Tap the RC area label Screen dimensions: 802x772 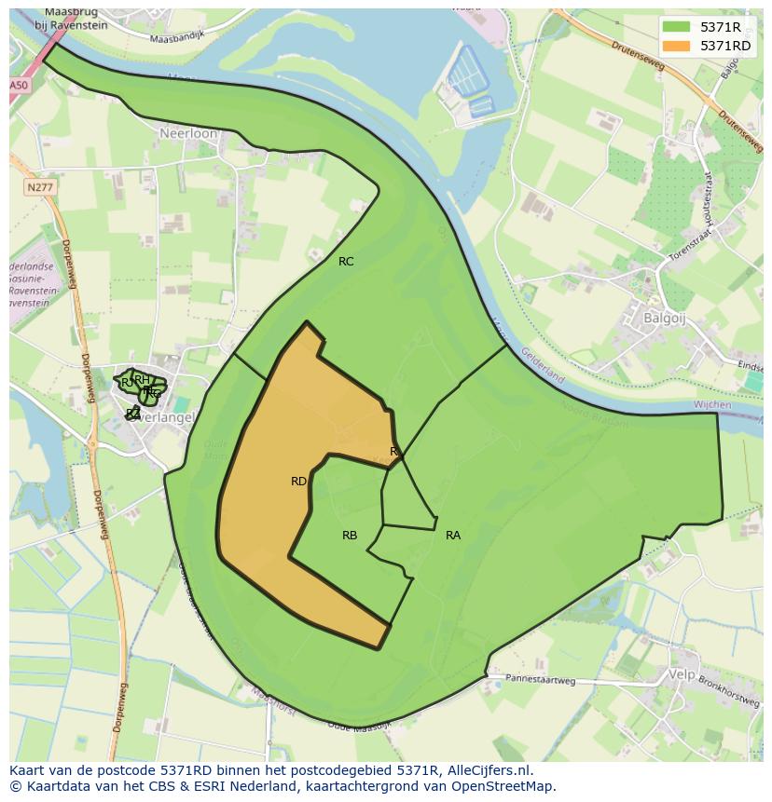346,262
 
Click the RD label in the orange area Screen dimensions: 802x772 298,482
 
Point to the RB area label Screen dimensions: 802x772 350,536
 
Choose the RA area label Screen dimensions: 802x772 453,536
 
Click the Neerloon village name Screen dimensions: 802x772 188,134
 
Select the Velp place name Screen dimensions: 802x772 682,673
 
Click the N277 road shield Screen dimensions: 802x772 39,187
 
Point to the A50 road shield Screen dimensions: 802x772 19,85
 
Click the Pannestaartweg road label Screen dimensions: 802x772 533,680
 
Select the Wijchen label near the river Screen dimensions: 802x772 714,405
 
